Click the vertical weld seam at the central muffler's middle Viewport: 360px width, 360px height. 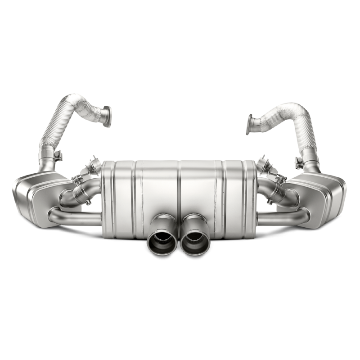[x=180, y=189]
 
